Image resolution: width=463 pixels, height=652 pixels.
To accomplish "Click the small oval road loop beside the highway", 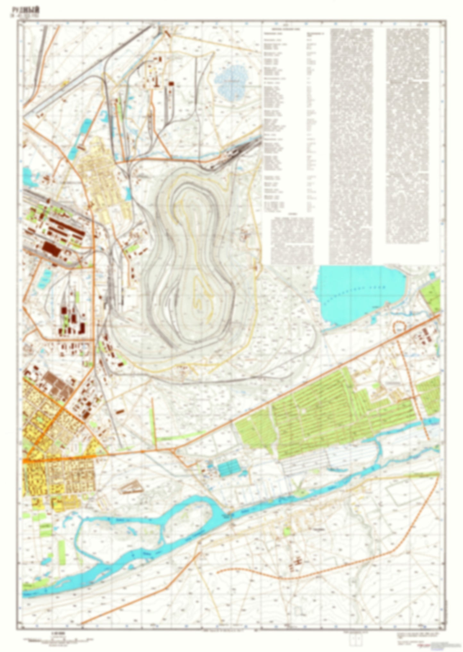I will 399,327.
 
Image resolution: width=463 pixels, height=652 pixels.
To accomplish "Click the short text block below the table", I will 292,239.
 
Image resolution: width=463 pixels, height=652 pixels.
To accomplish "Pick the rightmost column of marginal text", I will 407,135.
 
